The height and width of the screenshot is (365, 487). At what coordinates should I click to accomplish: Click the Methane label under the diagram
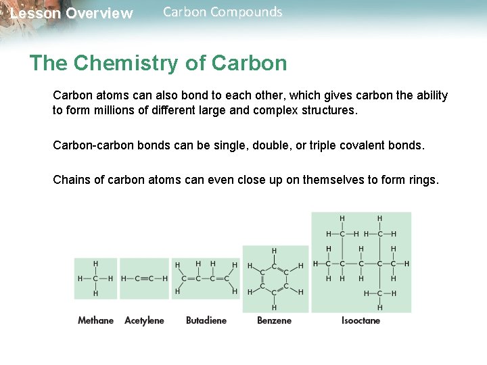[95, 320]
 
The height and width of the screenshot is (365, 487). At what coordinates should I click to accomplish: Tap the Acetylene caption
[144, 320]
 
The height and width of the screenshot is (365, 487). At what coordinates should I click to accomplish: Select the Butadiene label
[206, 320]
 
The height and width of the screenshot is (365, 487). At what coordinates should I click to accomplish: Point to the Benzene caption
[274, 320]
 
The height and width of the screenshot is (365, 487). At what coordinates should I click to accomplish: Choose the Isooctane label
[361, 320]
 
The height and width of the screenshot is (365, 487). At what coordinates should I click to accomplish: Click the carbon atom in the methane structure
[95, 278]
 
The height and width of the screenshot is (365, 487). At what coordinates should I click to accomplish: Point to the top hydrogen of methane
[95, 263]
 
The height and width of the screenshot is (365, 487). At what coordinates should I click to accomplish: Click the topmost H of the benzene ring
[274, 251]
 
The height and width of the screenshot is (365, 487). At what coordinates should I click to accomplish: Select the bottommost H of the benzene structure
[274, 307]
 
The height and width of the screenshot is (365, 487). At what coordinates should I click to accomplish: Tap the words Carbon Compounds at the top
[223, 12]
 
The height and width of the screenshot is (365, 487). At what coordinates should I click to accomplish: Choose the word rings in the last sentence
[422, 180]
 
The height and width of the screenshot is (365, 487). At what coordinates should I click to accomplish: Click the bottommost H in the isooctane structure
[379, 308]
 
